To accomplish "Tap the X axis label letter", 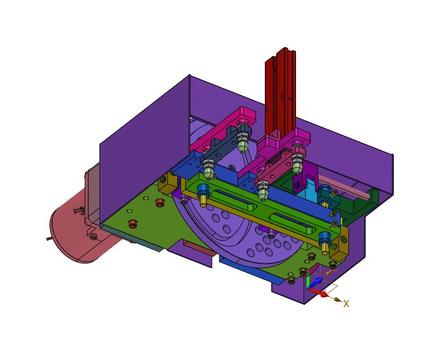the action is pos(346,303).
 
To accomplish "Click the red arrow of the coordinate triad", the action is pos(317,293).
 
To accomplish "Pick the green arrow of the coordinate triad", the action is pos(309,283).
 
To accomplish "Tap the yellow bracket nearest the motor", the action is pos(168,183).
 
